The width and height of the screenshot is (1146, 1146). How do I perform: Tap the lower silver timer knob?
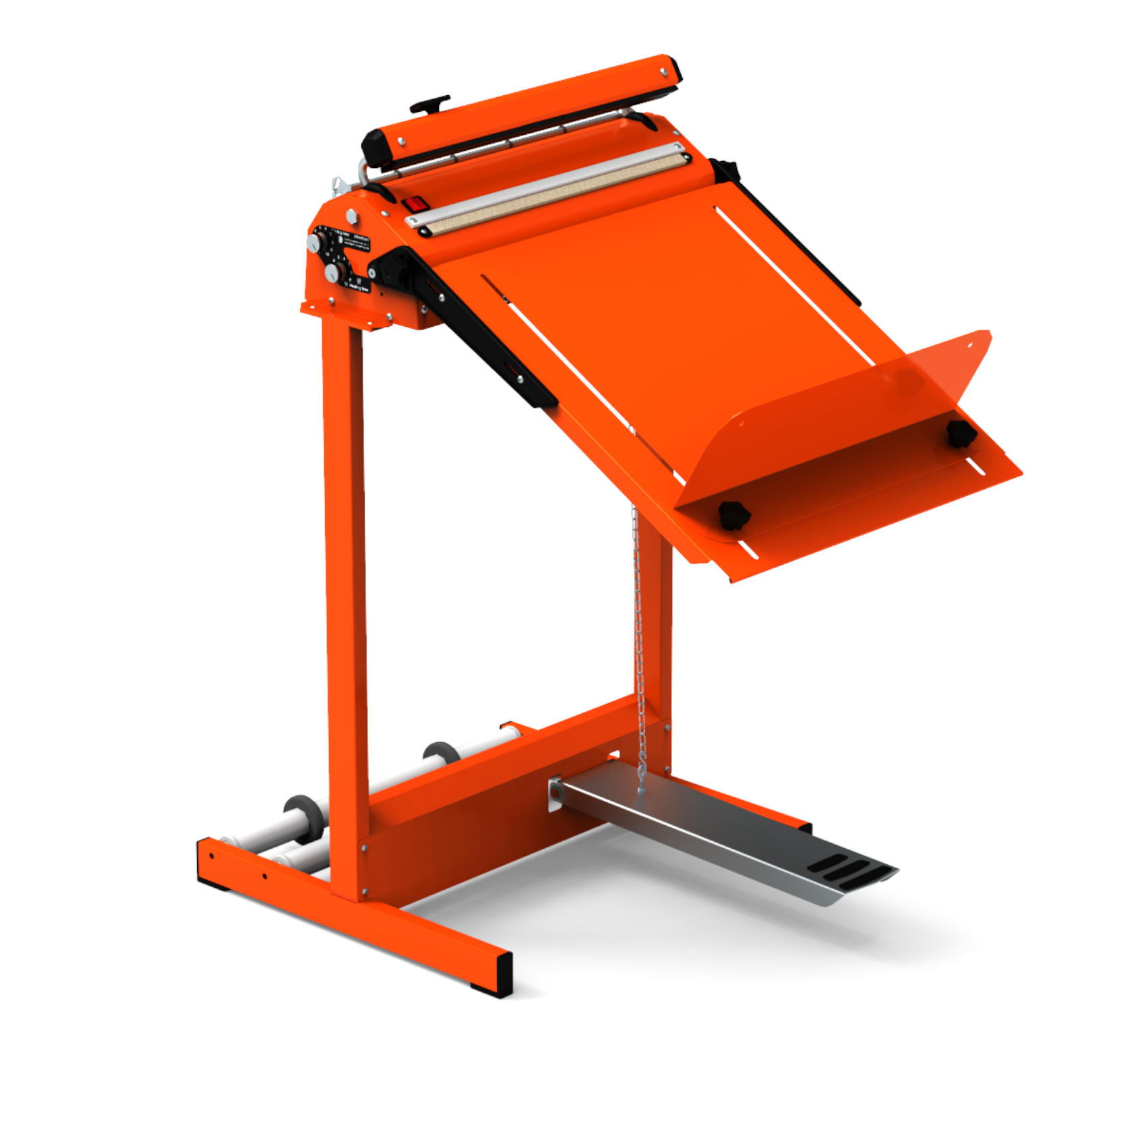point(332,273)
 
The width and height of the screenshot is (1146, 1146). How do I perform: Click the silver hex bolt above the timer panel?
point(351,216)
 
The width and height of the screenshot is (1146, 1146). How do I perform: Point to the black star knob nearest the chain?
point(733,515)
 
